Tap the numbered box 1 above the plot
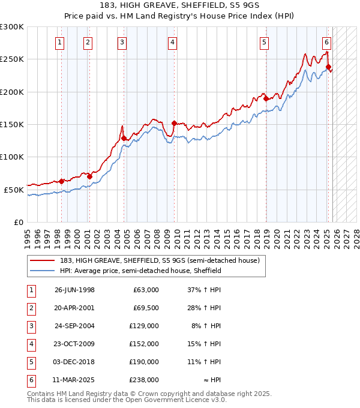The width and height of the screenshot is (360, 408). [x=61, y=42]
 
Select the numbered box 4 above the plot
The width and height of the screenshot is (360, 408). [x=172, y=42]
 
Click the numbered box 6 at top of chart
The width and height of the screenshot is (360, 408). [x=326, y=42]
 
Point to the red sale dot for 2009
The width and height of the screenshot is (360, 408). [x=173, y=124]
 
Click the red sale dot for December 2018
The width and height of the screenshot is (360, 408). [x=265, y=99]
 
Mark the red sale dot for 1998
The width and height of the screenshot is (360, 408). [x=61, y=181]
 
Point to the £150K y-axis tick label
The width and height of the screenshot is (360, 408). [x=12, y=124]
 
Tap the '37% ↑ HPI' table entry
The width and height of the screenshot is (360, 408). [x=203, y=290]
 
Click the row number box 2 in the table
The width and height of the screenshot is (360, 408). [x=30, y=308]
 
